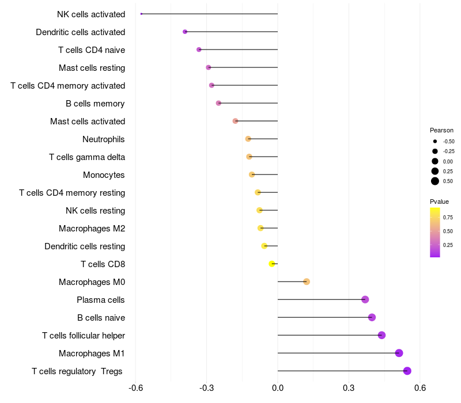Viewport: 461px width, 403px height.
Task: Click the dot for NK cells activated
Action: click(x=141, y=14)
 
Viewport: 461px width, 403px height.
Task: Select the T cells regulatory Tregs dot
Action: click(x=407, y=371)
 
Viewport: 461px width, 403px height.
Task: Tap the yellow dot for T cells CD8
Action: click(x=272, y=264)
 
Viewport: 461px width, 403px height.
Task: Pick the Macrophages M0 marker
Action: click(x=307, y=282)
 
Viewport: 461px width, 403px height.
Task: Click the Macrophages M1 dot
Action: click(x=399, y=353)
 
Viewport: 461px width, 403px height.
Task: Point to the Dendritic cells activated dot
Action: click(x=185, y=32)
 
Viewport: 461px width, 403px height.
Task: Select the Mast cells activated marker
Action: click(x=235, y=121)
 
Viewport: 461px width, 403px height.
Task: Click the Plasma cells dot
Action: click(x=365, y=299)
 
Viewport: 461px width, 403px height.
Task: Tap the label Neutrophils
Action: click(x=104, y=139)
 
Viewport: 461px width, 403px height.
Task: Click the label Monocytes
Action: click(x=104, y=175)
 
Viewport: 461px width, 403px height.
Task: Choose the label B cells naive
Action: click(x=101, y=318)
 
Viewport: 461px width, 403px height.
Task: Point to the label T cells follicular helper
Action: click(x=84, y=336)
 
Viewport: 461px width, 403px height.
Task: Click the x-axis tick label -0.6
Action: click(x=135, y=388)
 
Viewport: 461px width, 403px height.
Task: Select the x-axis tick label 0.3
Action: click(x=349, y=388)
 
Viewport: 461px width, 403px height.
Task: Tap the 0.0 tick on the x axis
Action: click(x=278, y=388)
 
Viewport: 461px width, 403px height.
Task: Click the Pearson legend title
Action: click(x=441, y=130)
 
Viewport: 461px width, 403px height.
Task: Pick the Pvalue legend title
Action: click(x=439, y=201)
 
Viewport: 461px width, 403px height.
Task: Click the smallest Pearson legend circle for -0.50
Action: click(x=435, y=141)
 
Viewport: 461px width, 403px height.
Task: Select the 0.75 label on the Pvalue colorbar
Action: click(x=448, y=218)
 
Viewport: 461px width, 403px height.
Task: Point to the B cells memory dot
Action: click(x=218, y=103)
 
